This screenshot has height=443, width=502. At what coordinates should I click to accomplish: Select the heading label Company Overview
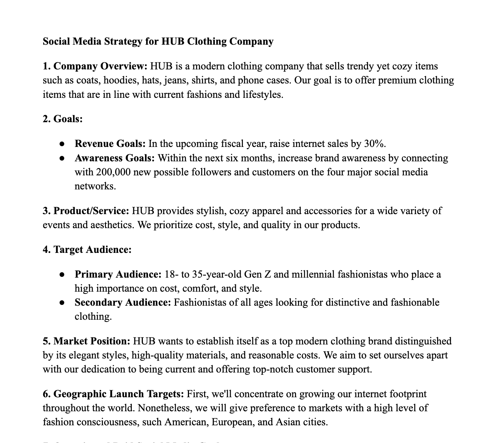click(100, 66)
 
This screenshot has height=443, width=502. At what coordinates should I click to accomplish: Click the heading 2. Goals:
click(63, 119)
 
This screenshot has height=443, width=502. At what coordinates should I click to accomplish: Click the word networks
click(95, 186)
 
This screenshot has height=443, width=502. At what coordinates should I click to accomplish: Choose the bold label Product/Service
click(91, 211)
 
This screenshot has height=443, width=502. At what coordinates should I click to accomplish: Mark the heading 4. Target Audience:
click(87, 250)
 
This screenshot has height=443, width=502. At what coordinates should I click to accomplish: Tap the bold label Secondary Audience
click(123, 303)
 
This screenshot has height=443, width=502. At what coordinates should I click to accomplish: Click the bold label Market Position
click(92, 341)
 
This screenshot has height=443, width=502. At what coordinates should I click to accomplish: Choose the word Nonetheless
click(164, 408)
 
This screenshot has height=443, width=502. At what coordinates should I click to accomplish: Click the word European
click(233, 422)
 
